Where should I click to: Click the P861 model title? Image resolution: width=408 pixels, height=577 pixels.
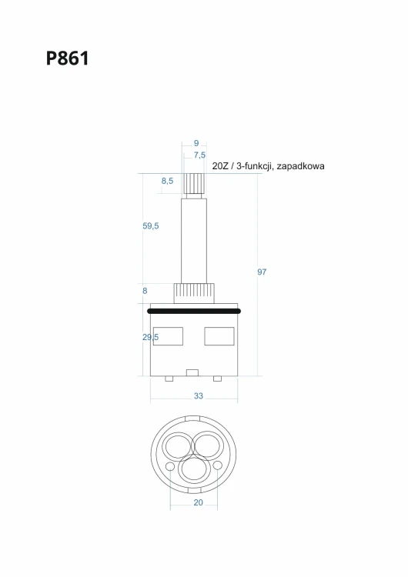click(68, 58)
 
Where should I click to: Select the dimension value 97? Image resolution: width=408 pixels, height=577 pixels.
click(262, 272)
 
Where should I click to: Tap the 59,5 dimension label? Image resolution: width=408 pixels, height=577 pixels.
click(151, 226)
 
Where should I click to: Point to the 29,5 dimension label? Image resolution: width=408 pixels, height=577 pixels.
click(151, 337)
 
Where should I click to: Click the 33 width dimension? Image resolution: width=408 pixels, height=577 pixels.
click(199, 396)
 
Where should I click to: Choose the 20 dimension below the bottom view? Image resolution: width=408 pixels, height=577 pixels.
click(198, 502)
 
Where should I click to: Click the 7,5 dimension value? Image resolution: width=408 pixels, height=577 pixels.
click(199, 155)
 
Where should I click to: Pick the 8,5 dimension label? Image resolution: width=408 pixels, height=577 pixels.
click(167, 181)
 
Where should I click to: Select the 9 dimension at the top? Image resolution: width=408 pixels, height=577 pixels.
click(196, 143)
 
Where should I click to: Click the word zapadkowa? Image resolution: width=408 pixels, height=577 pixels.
click(300, 166)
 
